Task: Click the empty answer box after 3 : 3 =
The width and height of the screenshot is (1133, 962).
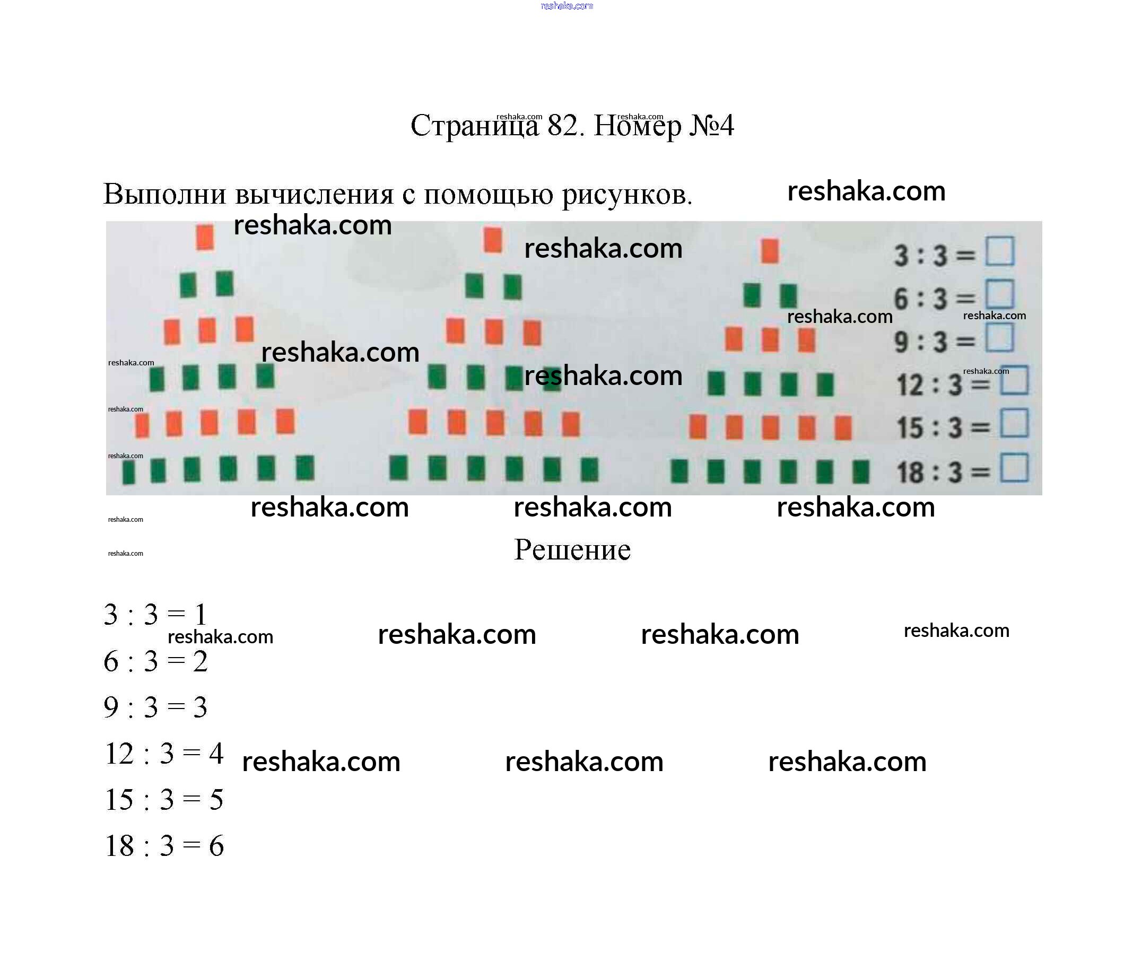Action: click(x=999, y=251)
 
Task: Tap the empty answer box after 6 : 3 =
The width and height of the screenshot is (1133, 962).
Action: click(x=999, y=294)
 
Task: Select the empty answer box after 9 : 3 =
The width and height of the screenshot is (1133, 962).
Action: click(x=999, y=338)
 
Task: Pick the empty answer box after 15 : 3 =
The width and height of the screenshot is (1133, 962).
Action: click(x=1014, y=423)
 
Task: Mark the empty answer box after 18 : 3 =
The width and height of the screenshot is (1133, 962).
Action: click(x=1014, y=468)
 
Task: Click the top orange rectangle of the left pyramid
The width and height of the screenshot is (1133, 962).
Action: click(x=205, y=237)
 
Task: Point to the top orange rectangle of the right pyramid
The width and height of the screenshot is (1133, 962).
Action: click(x=769, y=250)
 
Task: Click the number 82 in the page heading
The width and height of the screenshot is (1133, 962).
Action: click(x=562, y=126)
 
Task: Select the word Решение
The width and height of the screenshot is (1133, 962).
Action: click(x=572, y=550)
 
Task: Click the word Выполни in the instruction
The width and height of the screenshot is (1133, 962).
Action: click(x=164, y=194)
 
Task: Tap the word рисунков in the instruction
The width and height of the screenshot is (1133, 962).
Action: click(x=626, y=194)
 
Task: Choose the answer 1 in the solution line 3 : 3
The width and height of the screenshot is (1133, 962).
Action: click(x=200, y=615)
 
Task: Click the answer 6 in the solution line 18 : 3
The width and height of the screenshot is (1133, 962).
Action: click(x=216, y=846)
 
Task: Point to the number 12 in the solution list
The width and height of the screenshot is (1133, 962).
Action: click(x=119, y=754)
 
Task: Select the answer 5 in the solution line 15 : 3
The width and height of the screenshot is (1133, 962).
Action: click(x=216, y=800)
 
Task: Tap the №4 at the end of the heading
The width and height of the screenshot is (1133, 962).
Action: click(x=711, y=126)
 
